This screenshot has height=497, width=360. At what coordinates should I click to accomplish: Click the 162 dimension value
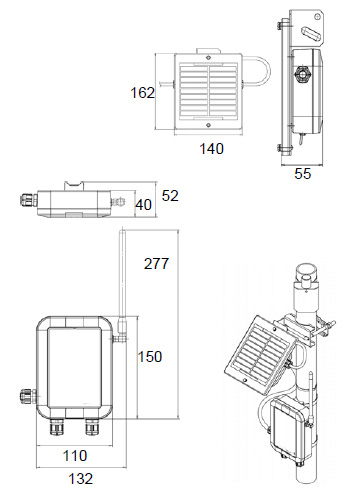click(x=142, y=93)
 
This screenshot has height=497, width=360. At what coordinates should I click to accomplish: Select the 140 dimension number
click(x=211, y=149)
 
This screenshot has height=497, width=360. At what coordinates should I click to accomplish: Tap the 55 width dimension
click(x=303, y=174)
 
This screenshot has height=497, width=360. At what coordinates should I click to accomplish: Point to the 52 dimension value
click(x=170, y=196)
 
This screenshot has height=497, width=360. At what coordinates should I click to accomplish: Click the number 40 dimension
click(x=143, y=205)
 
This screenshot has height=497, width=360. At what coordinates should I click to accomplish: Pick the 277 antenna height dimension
click(x=156, y=264)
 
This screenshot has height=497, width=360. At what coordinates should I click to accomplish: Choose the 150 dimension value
click(x=150, y=357)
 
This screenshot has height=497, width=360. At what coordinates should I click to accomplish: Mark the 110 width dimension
click(x=75, y=456)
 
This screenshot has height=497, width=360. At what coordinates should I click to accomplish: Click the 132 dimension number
click(x=81, y=479)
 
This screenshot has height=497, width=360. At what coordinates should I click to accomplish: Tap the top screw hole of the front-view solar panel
click(x=208, y=57)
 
